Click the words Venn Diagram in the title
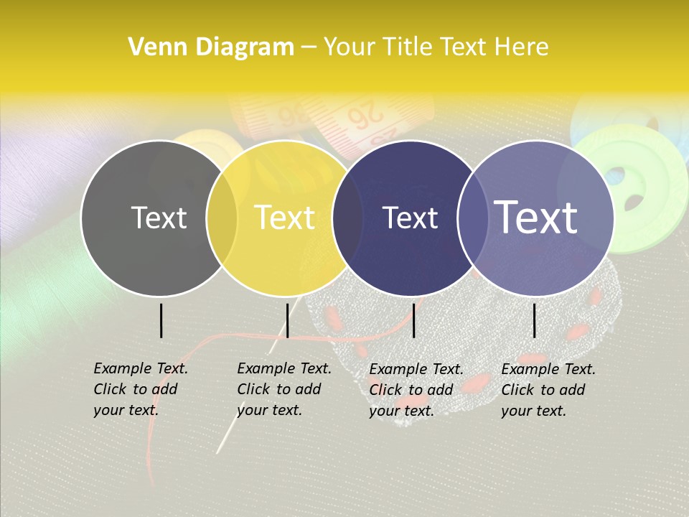click(x=211, y=47)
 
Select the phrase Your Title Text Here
click(x=436, y=47)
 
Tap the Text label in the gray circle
click(x=159, y=218)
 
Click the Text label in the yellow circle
click(x=285, y=218)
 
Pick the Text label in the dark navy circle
click(x=411, y=218)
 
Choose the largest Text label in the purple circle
click(x=536, y=218)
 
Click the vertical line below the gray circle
click(x=161, y=320)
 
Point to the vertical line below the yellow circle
click(x=287, y=320)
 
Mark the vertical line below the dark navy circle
click(x=413, y=320)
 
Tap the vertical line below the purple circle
click(x=535, y=320)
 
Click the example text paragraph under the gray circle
click(x=140, y=389)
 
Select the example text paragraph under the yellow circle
click(x=283, y=389)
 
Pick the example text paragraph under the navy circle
click(x=416, y=389)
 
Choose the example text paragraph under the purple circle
click(x=548, y=389)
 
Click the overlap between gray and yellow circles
click(x=221, y=218)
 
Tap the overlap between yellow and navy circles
click(x=347, y=218)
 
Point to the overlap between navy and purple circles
click(x=473, y=218)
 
